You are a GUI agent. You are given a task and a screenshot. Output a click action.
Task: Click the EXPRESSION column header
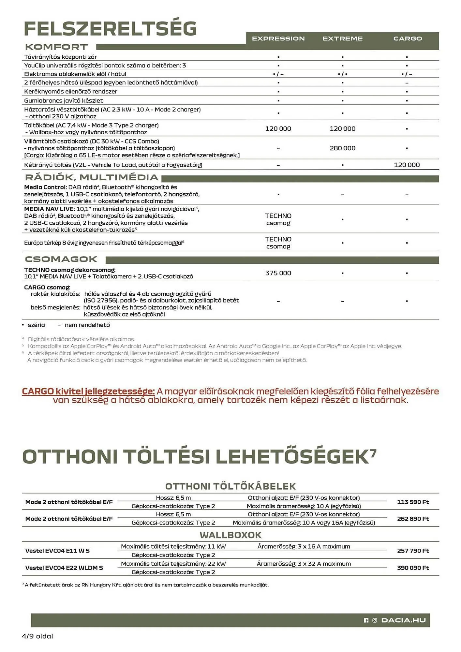(x=278, y=38)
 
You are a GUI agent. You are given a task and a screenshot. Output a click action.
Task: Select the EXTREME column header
(x=342, y=38)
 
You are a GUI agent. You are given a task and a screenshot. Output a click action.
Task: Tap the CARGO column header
(x=407, y=38)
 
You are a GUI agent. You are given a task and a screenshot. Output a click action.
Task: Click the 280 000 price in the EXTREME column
(x=342, y=148)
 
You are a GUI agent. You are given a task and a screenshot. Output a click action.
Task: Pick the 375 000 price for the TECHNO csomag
(x=278, y=273)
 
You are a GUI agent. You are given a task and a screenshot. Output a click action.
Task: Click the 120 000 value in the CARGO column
(x=407, y=165)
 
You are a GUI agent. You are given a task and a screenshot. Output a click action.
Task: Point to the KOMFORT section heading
(x=56, y=47)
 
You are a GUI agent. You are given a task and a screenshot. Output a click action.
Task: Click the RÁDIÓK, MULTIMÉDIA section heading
(x=92, y=177)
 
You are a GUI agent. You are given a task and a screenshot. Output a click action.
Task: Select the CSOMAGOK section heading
(x=61, y=259)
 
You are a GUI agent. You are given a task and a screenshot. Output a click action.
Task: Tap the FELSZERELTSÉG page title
(x=110, y=29)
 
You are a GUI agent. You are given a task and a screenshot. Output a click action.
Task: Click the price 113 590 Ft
(x=413, y=502)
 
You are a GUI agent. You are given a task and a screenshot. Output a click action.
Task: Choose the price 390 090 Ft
(x=413, y=568)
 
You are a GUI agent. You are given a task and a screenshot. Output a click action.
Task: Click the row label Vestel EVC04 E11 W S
(x=57, y=551)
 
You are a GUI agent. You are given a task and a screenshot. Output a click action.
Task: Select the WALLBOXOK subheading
(x=230, y=535)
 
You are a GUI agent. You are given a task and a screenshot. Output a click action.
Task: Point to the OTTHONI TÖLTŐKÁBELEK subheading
(x=230, y=486)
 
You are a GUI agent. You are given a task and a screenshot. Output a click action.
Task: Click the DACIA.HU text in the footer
(x=403, y=620)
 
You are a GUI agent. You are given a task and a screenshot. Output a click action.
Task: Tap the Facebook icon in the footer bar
(x=366, y=620)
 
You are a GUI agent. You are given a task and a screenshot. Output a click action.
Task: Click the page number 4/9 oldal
(x=37, y=636)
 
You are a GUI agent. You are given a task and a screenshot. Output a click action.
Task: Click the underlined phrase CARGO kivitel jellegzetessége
(x=88, y=391)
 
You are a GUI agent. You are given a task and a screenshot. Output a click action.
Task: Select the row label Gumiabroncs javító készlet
(x=64, y=100)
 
